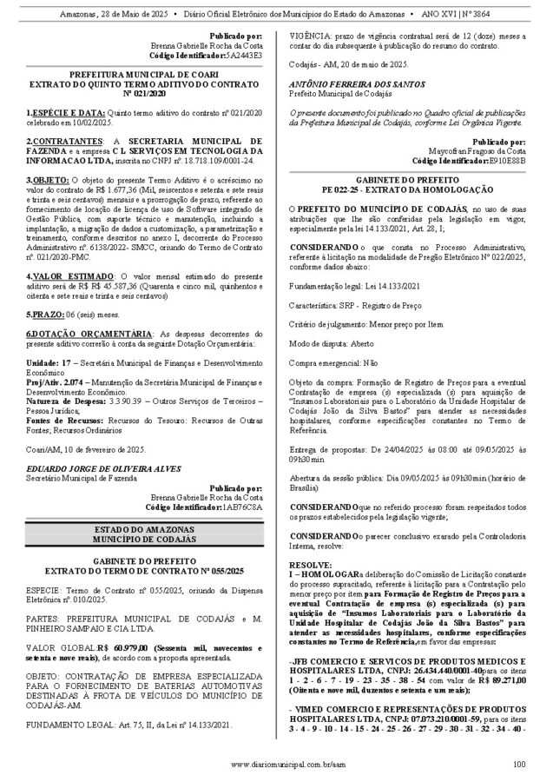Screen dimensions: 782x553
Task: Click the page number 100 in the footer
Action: [x=518, y=764]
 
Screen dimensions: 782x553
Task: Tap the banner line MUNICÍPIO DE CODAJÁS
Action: [x=144, y=539]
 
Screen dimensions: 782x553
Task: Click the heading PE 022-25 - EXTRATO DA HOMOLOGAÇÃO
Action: [x=410, y=189]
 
